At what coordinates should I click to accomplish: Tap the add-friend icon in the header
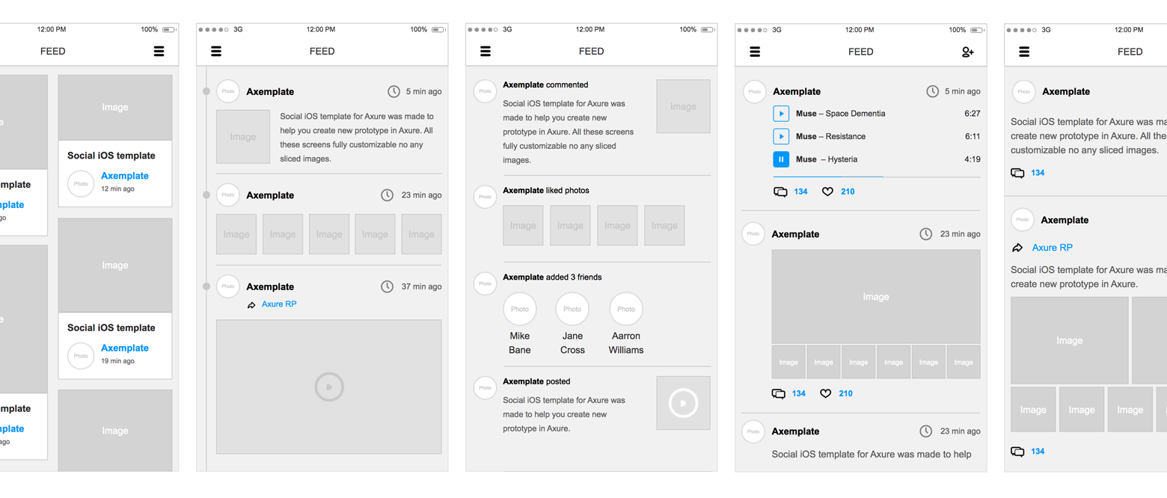pos(967,52)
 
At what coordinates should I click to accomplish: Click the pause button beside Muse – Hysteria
pos(781,159)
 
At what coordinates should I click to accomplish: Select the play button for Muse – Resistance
pos(781,136)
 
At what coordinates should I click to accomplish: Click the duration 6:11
pos(972,137)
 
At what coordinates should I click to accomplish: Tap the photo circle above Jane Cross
pos(572,309)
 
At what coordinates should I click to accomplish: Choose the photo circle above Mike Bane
pos(520,309)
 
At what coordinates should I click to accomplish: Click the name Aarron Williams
pos(626,343)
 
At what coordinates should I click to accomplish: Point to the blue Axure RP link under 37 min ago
pos(279,304)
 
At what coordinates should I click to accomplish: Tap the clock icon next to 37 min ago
pos(387,286)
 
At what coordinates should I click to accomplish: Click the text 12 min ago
pos(118,189)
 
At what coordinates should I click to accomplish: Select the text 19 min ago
pos(118,361)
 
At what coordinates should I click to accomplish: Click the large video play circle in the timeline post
pos(329,387)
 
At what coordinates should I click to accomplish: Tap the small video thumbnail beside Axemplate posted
pos(683,403)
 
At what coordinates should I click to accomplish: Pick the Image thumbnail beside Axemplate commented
pos(683,106)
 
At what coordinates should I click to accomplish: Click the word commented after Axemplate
pos(567,85)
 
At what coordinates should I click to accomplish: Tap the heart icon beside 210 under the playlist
pos(827,191)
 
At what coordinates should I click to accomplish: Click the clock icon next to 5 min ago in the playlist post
pos(932,91)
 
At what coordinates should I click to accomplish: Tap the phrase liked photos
pos(568,191)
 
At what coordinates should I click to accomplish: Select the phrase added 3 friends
pos(574,277)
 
